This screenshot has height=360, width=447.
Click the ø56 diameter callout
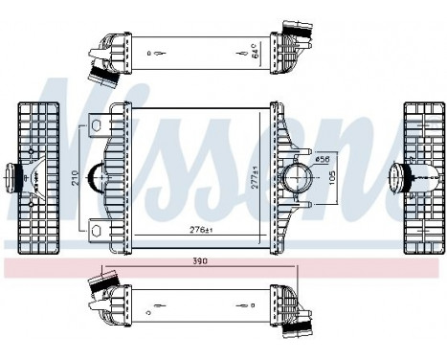click(x=324, y=158)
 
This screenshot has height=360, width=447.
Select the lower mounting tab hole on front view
click(x=96, y=227)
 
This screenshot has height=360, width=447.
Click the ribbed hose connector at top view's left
click(x=99, y=67)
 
